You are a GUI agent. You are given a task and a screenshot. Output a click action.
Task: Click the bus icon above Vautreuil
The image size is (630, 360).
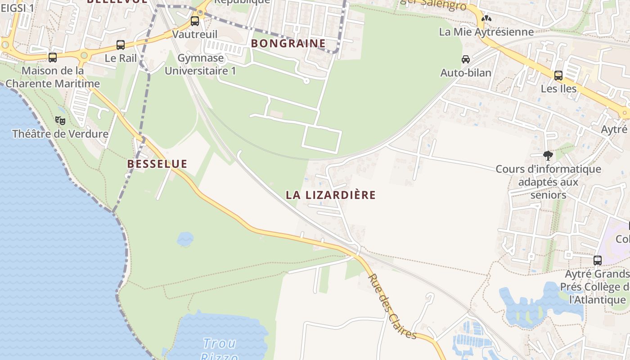(195, 21)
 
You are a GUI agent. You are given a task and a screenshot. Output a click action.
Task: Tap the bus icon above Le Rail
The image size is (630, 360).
(121, 45)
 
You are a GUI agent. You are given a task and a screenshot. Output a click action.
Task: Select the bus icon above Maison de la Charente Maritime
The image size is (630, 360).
(53, 57)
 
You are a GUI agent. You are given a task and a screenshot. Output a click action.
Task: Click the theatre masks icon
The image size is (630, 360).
(60, 120)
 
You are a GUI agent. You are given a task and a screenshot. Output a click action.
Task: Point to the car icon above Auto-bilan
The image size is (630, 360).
(466, 59)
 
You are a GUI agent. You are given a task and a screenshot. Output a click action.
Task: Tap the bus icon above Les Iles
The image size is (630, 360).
(558, 75)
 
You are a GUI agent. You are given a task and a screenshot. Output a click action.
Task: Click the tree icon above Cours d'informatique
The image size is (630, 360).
(548, 156)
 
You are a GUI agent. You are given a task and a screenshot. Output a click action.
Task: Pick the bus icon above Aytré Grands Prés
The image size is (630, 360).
(598, 260)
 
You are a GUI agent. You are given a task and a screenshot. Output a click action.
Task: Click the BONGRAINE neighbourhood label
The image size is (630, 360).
(288, 44)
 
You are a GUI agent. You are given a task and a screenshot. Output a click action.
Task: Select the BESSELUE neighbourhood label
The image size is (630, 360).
(157, 164)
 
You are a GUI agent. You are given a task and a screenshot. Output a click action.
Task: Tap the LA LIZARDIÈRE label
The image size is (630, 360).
(331, 195)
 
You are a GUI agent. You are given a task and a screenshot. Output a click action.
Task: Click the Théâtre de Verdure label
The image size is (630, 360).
(60, 134)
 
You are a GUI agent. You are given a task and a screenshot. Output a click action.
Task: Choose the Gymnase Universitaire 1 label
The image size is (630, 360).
(200, 64)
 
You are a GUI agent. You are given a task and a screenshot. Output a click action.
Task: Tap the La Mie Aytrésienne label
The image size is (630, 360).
(486, 32)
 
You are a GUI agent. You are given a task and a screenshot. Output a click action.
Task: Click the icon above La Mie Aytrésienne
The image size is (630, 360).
(486, 18)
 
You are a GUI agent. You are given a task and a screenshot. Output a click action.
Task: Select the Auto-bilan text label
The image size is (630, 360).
(466, 72)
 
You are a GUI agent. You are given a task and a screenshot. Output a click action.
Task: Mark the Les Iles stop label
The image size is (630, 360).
(558, 89)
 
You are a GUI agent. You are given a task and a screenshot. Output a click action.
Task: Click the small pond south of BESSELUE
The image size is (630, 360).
(185, 239)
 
